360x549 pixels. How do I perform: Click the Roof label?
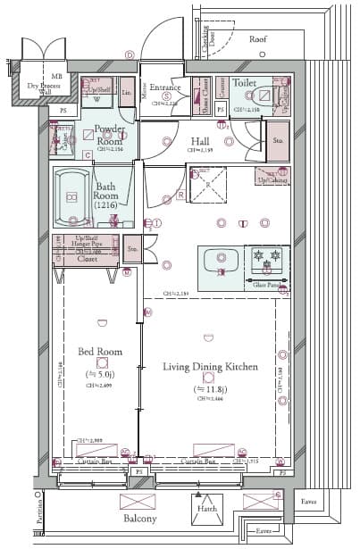pyautogui.click(x=257, y=39)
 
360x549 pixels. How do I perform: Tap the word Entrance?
pyautogui.click(x=165, y=87)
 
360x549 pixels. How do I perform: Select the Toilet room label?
pyautogui.click(x=244, y=81)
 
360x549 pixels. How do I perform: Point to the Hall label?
pyautogui.click(x=200, y=141)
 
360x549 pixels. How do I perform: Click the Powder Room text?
pyautogui.click(x=108, y=135)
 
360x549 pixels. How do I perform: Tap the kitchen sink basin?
pyautogui.click(x=219, y=262)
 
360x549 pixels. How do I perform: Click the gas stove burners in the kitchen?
pyautogui.click(x=267, y=261)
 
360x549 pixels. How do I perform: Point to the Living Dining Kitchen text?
pyautogui.click(x=210, y=367)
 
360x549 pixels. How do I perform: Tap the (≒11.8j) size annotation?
pyautogui.click(x=211, y=390)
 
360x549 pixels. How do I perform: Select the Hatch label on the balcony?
pyautogui.click(x=205, y=511)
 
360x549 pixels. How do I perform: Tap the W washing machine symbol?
pyautogui.click(x=96, y=102)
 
